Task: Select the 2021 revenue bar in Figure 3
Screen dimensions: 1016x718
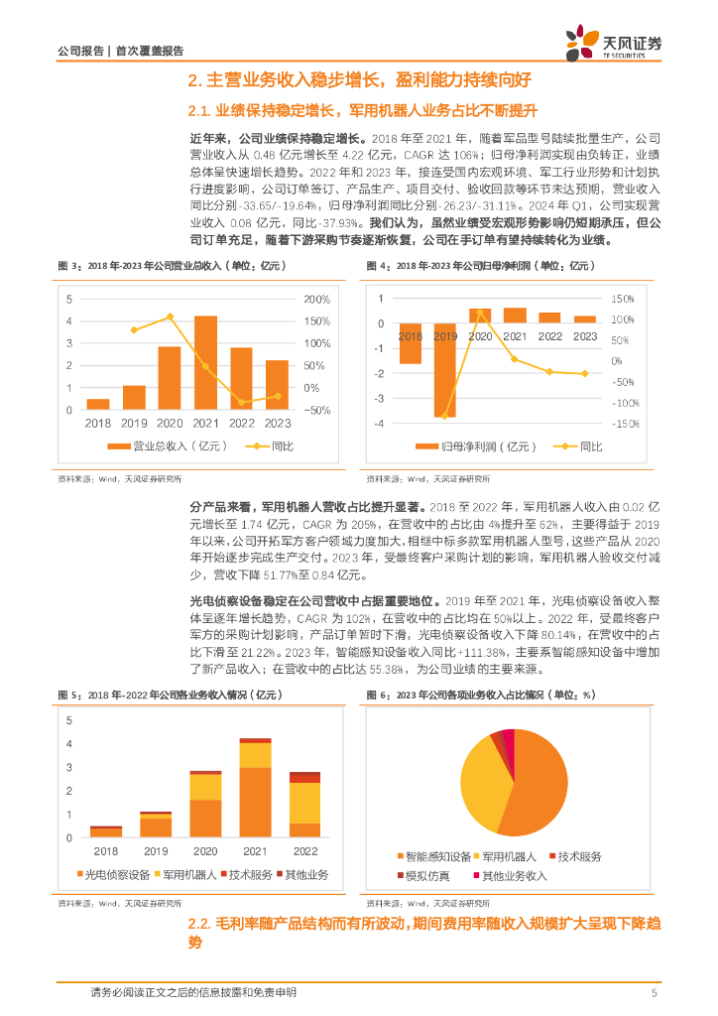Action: pyautogui.click(x=205, y=362)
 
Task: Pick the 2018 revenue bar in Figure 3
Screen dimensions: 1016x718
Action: pyautogui.click(x=98, y=404)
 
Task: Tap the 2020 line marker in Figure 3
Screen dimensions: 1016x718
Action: pyautogui.click(x=170, y=317)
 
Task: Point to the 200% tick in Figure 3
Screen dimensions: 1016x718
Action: pyautogui.click(x=316, y=300)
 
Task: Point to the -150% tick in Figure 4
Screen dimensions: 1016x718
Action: pyautogui.click(x=623, y=425)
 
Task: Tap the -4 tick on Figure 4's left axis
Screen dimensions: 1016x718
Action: pyautogui.click(x=379, y=424)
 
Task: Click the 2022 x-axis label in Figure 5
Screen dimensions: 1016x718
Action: pyautogui.click(x=304, y=850)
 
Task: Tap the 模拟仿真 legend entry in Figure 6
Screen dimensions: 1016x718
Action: pyautogui.click(x=426, y=876)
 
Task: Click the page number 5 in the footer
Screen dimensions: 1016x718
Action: pyautogui.click(x=655, y=993)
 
